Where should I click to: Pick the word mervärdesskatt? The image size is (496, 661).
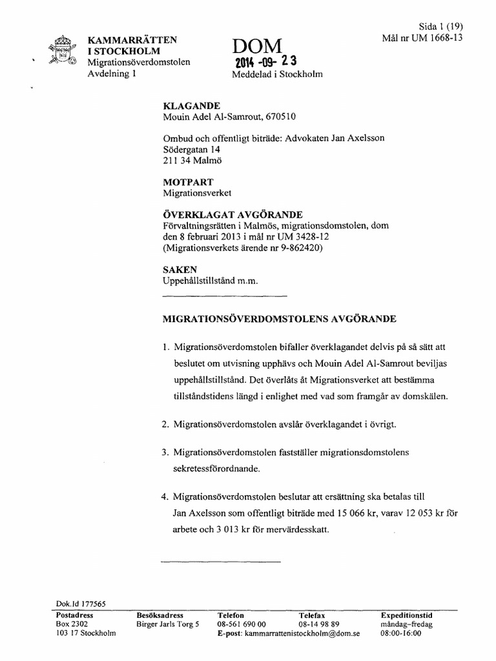point(295,530)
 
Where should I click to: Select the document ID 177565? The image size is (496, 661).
point(91,604)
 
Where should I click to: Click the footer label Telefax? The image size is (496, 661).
point(312,616)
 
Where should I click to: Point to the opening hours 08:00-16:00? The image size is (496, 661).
point(400,634)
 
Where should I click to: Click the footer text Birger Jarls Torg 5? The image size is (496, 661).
point(168,625)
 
